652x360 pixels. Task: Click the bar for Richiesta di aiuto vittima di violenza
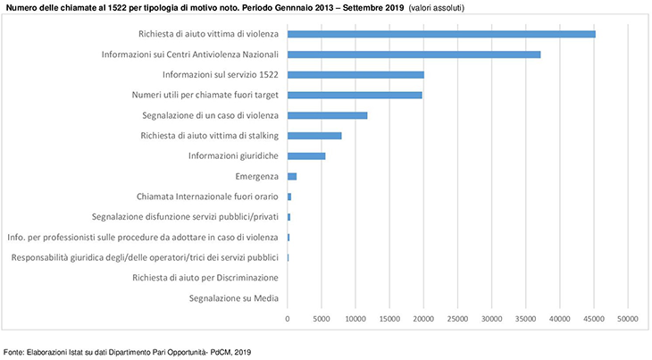pyautogui.click(x=441, y=34)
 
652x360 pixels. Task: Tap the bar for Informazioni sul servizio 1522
pyautogui.click(x=355, y=75)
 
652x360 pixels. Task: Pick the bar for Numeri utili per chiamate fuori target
pyautogui.click(x=355, y=95)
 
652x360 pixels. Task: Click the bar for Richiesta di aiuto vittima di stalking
pyautogui.click(x=314, y=136)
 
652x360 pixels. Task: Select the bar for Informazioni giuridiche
pyautogui.click(x=306, y=155)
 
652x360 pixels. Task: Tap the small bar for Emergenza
pyautogui.click(x=292, y=176)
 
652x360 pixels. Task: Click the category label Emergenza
pyautogui.click(x=256, y=176)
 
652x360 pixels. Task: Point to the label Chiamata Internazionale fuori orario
pyautogui.click(x=207, y=197)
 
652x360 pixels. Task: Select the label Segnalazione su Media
pyautogui.click(x=234, y=297)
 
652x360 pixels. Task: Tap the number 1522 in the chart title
pyautogui.click(x=118, y=7)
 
